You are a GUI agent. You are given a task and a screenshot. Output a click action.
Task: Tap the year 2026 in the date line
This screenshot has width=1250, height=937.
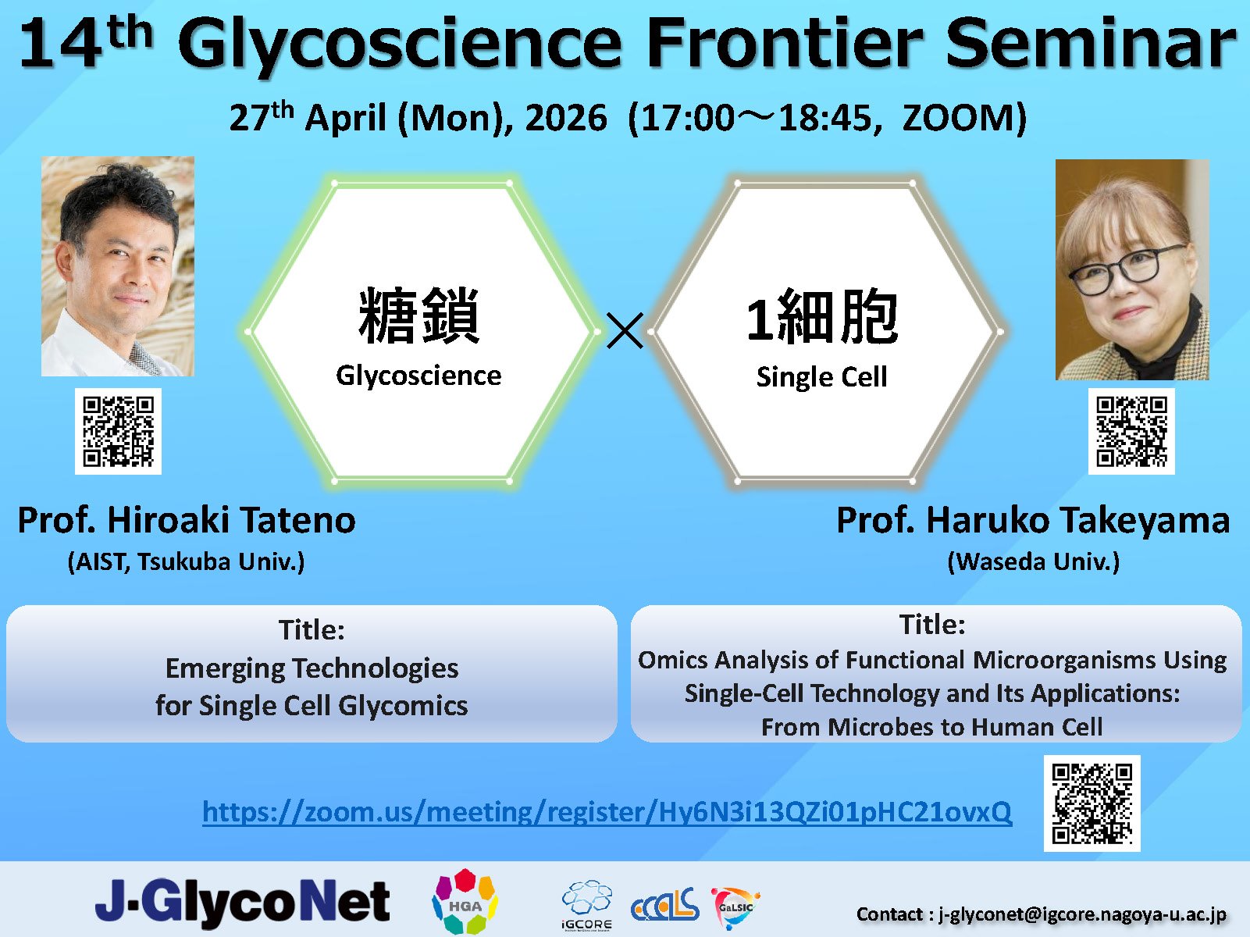(x=565, y=119)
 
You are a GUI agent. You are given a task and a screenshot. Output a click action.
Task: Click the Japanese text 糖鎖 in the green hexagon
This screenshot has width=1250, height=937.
(x=418, y=316)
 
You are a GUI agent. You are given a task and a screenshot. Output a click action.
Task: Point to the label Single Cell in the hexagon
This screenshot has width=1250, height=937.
(x=821, y=377)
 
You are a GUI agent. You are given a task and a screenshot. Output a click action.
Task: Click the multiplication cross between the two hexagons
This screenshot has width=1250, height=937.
(x=625, y=330)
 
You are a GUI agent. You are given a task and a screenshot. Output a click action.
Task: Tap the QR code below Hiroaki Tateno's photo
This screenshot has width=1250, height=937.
(x=118, y=431)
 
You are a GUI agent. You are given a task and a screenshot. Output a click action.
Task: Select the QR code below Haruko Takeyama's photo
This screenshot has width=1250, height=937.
(x=1131, y=431)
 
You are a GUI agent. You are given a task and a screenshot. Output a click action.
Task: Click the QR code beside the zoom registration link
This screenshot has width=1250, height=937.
(x=1092, y=803)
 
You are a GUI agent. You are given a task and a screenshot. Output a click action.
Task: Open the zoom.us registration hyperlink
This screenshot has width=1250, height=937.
(x=607, y=812)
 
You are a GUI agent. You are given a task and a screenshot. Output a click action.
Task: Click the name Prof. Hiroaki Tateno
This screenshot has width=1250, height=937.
(x=187, y=520)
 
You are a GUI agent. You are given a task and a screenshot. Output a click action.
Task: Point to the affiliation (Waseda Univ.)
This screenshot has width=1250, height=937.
(x=1033, y=561)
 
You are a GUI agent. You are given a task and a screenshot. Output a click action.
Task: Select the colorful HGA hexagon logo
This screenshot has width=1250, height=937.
(x=465, y=902)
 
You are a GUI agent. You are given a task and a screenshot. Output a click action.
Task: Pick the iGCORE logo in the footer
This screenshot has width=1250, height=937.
(x=586, y=904)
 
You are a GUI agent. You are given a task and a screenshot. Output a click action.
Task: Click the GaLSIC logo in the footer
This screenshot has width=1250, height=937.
(x=735, y=906)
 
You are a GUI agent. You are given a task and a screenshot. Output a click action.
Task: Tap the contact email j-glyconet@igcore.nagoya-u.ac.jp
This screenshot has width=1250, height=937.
(x=1082, y=914)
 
